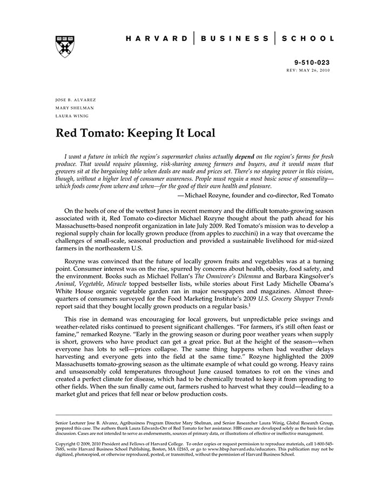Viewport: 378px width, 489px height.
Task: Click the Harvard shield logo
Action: pyautogui.click(x=65, y=46)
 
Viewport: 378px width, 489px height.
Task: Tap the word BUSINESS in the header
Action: pyautogui.click(x=234, y=39)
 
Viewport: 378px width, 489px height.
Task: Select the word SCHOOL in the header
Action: pyautogui.click(x=307, y=39)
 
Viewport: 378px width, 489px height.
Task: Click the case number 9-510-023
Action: pyautogui.click(x=312, y=63)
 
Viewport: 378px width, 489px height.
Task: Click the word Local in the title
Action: pyautogui.click(x=195, y=133)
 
